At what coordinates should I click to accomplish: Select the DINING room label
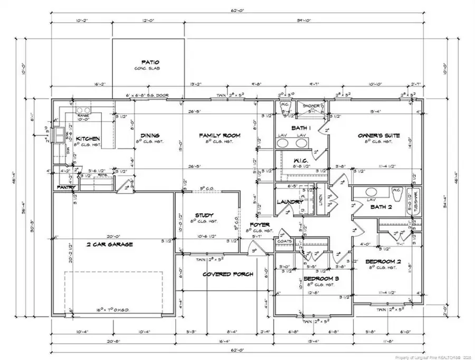pyautogui.click(x=149, y=136)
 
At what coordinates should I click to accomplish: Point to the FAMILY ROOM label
pyautogui.click(x=220, y=136)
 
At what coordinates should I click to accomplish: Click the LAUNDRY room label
pyautogui.click(x=290, y=202)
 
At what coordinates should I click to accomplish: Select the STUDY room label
pyautogui.click(x=204, y=215)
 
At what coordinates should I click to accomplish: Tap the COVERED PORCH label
pyautogui.click(x=229, y=274)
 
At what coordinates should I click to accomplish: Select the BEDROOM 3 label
pyautogui.click(x=321, y=278)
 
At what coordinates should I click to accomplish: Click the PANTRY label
pyautogui.click(x=66, y=187)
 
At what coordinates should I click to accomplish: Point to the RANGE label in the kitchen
pyautogui.click(x=83, y=115)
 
